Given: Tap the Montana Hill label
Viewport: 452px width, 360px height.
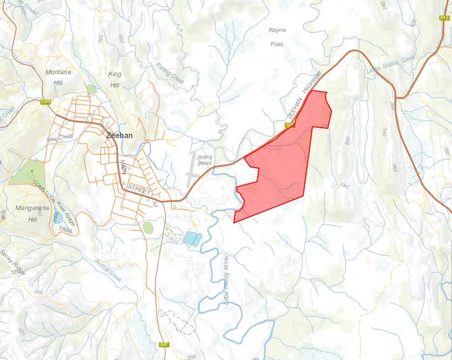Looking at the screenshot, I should point(58,77).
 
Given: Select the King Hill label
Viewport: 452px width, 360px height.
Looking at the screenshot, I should point(114,79).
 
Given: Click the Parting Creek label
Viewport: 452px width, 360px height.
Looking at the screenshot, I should point(169,73).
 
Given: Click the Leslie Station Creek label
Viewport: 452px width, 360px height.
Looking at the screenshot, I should point(391,66).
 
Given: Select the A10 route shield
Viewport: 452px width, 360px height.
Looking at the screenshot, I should point(445,19).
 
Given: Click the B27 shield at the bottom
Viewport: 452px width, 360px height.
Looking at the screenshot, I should point(164,344).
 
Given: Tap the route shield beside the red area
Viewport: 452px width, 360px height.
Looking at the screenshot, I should point(289,125).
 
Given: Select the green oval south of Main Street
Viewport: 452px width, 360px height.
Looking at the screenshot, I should point(148,227).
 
